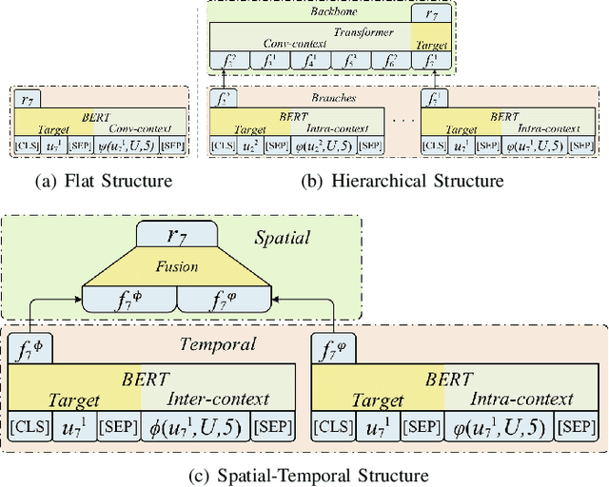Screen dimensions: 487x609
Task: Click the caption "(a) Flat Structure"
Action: point(95,179)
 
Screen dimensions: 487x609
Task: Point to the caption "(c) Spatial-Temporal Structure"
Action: point(304,473)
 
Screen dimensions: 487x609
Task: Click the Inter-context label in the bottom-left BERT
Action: point(218,399)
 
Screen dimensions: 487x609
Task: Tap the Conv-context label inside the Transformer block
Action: point(289,44)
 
